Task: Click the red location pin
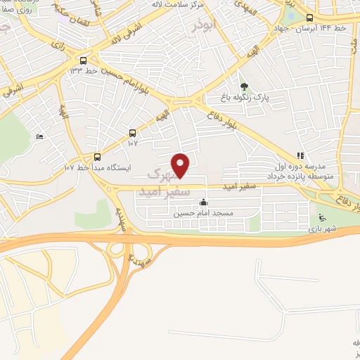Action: click(181, 165)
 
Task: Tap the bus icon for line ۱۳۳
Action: click(84, 60)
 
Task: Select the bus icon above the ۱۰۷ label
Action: click(133, 133)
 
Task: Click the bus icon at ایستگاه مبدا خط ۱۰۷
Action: click(97, 157)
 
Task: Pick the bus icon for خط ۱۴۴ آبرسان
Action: click(309, 18)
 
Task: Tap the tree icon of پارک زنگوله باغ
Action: click(244, 86)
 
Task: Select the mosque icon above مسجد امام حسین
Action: click(203, 202)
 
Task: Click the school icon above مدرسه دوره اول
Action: click(300, 156)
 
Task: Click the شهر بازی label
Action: click(322, 229)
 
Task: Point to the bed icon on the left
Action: click(39, 136)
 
